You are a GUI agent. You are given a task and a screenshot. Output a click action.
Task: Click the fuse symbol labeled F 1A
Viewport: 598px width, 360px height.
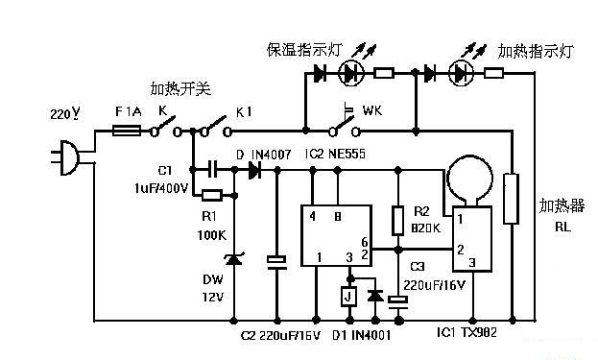point(127,132)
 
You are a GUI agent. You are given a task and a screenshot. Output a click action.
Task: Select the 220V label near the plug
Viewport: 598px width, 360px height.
point(65,113)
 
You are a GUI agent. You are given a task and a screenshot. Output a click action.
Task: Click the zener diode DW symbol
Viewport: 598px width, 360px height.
point(234,259)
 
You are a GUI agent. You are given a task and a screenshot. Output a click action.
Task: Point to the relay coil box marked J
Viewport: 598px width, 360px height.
point(348,297)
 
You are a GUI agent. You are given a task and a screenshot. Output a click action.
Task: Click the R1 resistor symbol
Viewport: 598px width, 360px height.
point(212,196)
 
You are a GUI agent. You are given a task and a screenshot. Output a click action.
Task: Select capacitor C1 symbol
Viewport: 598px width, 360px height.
point(213,169)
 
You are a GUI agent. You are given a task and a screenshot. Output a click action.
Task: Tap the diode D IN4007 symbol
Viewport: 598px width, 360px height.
point(254,170)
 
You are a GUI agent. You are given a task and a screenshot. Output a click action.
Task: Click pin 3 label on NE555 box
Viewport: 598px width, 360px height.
point(349,258)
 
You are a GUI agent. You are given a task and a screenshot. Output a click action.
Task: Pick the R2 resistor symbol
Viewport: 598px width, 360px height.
point(398,221)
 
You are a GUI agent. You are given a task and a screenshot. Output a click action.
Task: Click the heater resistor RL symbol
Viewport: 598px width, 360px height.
point(511,199)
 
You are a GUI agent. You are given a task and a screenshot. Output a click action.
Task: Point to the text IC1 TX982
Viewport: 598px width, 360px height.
point(466,332)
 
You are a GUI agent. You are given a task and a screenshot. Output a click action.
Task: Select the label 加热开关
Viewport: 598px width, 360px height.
point(180,89)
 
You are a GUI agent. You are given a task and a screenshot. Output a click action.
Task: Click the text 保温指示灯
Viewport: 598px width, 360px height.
point(304,50)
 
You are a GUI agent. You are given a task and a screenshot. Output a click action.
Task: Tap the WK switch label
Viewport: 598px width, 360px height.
point(372,110)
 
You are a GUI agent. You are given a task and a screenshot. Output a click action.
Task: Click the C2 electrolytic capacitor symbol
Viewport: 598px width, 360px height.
point(276,262)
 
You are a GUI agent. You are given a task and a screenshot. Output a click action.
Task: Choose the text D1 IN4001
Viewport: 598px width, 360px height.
point(361,335)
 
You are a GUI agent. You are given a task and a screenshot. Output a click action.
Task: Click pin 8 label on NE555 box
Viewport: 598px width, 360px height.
point(338,216)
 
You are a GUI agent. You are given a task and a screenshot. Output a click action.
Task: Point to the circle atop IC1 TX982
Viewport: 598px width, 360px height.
point(470,179)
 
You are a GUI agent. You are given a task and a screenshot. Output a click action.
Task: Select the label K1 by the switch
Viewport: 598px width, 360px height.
point(244,112)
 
